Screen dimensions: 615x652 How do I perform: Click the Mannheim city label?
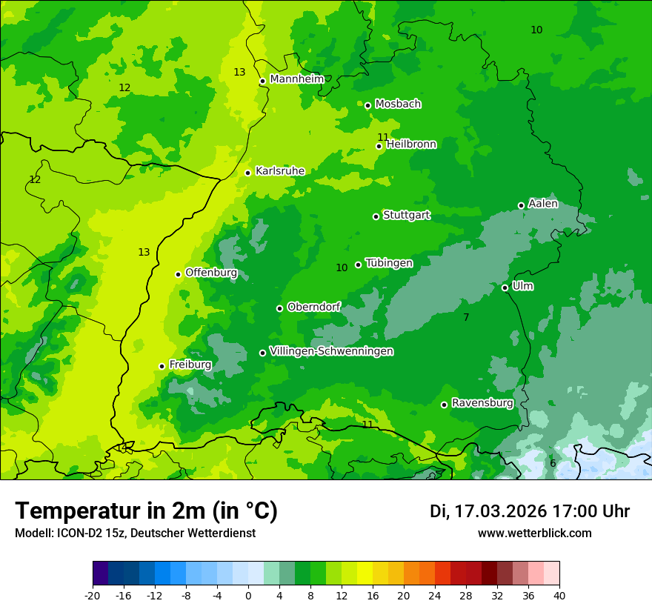296,79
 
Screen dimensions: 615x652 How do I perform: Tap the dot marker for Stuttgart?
376,216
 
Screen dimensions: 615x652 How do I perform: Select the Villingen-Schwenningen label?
331,351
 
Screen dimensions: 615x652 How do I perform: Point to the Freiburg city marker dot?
162,366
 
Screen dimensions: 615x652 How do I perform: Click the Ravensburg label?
482,403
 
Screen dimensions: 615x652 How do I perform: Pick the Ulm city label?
522,286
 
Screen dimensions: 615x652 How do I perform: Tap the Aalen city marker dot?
521,205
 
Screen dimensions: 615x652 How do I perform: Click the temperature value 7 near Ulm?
466,318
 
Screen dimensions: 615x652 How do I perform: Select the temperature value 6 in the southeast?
553,463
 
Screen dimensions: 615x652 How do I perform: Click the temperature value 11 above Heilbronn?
382,137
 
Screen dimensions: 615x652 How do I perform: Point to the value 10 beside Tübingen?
342,268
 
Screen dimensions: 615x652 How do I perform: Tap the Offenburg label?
211,273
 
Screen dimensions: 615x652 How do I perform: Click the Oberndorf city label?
313,307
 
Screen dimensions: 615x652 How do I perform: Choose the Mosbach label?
398,104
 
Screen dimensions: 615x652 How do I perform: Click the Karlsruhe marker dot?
247,173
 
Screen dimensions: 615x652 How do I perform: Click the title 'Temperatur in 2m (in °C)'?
146,511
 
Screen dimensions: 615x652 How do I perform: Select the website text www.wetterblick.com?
534,533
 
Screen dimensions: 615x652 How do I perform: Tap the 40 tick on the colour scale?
559,595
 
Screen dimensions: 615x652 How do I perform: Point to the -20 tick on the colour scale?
93,595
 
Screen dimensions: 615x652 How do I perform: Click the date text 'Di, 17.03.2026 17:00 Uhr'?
529,511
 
